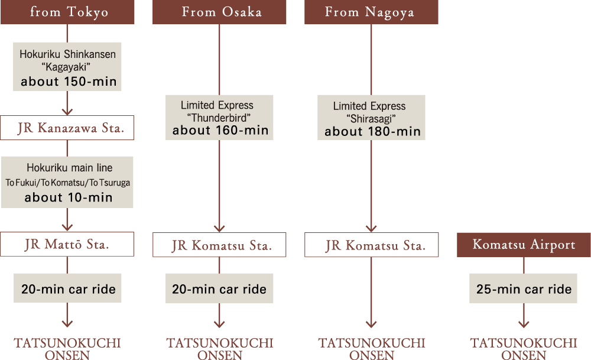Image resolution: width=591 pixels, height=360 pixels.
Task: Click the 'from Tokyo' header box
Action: [67, 12]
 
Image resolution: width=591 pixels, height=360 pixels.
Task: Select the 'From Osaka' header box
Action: [219, 12]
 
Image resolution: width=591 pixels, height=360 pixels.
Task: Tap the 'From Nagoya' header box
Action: [371, 12]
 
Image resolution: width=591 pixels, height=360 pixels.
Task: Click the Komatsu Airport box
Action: [524, 245]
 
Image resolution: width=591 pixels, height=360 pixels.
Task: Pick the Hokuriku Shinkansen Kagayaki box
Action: [67, 67]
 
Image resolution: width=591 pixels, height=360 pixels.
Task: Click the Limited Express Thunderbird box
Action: [219, 117]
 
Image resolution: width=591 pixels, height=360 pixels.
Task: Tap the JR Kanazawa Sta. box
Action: [67, 128]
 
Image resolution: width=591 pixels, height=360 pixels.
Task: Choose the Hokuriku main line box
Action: [67, 182]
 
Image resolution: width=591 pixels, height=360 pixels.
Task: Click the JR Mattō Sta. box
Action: [67, 244]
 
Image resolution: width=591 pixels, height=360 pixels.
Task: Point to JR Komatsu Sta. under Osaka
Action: [219, 245]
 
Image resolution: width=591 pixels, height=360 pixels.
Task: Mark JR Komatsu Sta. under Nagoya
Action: [371, 245]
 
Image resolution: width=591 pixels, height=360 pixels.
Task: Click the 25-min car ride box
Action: [524, 288]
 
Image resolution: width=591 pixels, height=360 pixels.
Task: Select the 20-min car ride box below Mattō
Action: [67, 288]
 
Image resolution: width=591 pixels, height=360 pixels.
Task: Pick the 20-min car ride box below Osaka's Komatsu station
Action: [219, 288]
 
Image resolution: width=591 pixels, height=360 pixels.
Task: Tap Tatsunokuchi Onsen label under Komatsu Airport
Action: [524, 348]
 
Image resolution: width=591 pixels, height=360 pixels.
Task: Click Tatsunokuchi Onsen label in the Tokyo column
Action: [67, 348]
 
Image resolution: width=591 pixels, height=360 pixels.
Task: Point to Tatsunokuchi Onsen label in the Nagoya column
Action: [371, 348]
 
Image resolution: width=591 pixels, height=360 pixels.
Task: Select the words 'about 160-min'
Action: [220, 131]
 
